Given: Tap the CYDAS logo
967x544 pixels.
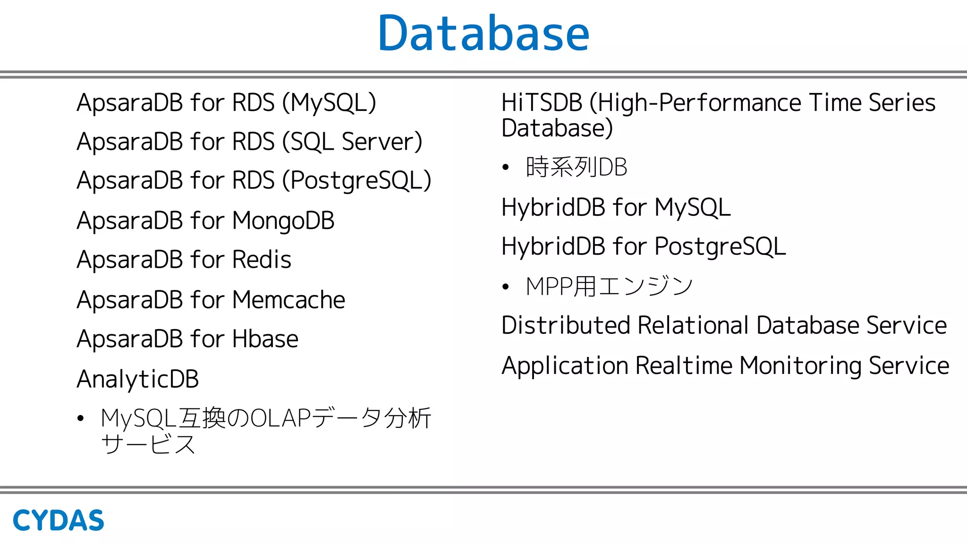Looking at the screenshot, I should coord(58,520).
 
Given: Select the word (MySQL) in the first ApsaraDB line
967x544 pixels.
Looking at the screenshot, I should coord(329,103).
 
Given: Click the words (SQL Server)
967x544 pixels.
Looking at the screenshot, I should coord(352,142).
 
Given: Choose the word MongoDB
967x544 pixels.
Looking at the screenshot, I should coord(283,221).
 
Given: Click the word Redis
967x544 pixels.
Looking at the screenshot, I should coord(262,260).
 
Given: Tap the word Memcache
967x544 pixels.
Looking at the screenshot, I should coord(288,300).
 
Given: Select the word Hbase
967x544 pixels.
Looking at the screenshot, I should coord(265,339).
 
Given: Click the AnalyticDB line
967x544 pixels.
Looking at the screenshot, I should coord(138,379).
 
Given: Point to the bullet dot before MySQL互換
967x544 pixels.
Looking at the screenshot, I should coord(81,418).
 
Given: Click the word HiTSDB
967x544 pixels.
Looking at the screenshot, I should coord(542,103).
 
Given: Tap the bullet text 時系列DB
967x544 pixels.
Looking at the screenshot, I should coord(577,167).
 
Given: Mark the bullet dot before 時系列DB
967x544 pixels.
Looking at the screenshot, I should coord(506,167).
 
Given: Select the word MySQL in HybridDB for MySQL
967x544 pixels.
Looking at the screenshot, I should coord(693,208).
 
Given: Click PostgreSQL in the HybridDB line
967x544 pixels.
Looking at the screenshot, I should coord(720,247).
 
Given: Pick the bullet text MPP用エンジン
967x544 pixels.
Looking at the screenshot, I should coord(609,287).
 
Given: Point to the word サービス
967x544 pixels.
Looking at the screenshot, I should coord(148,444).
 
